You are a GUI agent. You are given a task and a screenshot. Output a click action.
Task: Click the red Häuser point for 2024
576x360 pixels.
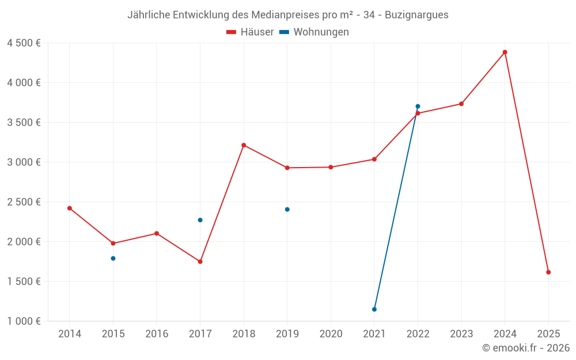(x=505, y=52)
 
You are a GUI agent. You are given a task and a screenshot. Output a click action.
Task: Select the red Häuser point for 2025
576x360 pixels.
(x=548, y=272)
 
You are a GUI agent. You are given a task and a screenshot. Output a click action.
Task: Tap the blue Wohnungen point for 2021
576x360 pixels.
(x=374, y=309)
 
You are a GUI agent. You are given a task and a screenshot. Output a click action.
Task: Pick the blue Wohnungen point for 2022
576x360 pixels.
(x=418, y=107)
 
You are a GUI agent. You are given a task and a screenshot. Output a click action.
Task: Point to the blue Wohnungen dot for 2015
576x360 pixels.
(x=113, y=259)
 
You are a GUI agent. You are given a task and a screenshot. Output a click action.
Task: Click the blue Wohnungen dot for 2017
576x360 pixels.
(x=200, y=220)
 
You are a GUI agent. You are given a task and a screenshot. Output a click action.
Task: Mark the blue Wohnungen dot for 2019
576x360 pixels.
(x=287, y=210)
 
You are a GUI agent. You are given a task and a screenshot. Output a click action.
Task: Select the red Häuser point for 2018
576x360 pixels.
(x=244, y=145)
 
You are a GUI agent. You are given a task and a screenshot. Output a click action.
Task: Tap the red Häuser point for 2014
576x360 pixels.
(x=70, y=209)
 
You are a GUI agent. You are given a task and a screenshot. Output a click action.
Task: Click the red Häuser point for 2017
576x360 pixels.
(x=200, y=262)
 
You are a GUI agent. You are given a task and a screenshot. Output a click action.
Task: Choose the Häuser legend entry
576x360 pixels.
(x=250, y=32)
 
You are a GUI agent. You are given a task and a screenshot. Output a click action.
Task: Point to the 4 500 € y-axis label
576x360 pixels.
(x=24, y=43)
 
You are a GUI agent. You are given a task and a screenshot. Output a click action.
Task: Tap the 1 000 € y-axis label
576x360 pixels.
(x=24, y=321)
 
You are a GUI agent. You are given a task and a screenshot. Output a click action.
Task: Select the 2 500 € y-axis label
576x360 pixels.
(x=24, y=202)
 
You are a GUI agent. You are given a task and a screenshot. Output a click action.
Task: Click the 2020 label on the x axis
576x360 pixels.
(x=331, y=334)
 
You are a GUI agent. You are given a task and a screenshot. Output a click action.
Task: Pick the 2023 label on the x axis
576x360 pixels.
(x=461, y=334)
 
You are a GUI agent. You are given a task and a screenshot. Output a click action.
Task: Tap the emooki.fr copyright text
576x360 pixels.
(x=526, y=348)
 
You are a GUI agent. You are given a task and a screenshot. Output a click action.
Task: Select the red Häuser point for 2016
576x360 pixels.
(x=157, y=233)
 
